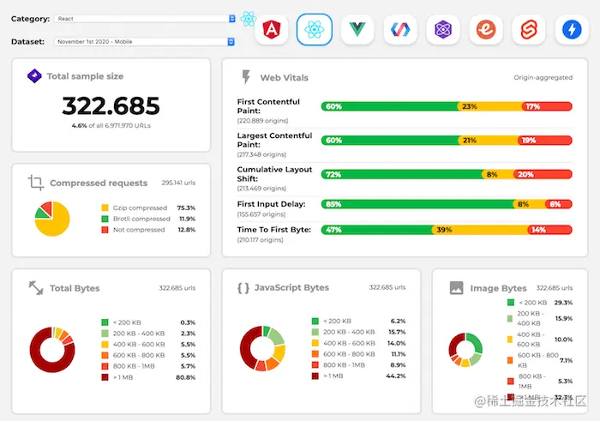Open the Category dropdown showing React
[144, 18]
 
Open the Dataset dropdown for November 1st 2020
[144, 40]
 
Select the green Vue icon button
[357, 30]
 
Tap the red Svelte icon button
[529, 30]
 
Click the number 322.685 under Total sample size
[111, 106]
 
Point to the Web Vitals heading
[284, 77]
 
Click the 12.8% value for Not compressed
[186, 230]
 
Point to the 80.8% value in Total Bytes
[185, 376]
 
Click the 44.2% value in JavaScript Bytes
[395, 376]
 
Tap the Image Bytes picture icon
[457, 289]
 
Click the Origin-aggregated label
[543, 78]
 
